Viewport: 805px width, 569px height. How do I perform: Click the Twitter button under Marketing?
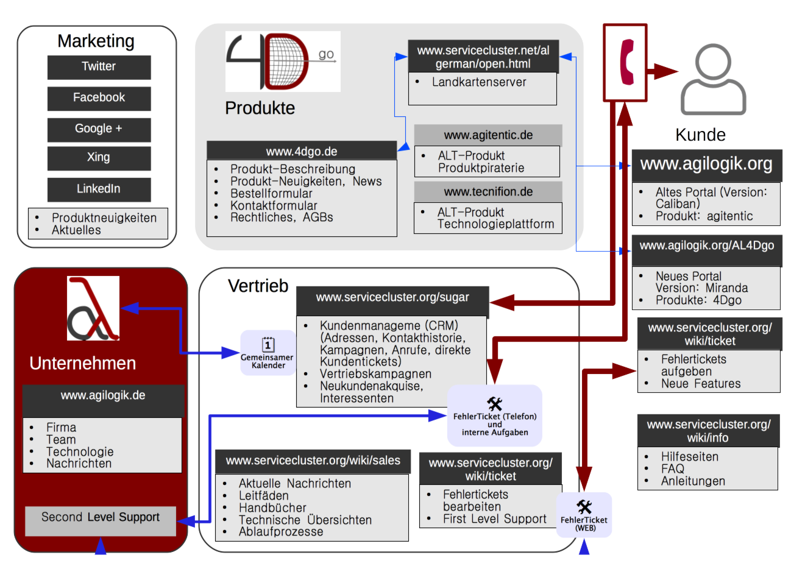point(99,67)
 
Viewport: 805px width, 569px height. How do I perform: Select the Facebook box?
point(99,98)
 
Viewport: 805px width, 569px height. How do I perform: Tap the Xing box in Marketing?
point(99,158)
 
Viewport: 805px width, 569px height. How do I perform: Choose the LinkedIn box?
point(99,189)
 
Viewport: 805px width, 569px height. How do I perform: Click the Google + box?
point(99,129)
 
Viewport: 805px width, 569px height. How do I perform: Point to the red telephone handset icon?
point(626,62)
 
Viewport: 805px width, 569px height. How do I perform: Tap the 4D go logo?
point(282,62)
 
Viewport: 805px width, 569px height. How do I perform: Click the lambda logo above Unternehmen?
point(93,308)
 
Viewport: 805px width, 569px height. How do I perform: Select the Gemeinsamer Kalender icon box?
point(268,353)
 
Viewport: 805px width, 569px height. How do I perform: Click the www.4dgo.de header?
point(302,151)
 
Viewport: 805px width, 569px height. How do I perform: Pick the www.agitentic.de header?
point(488,135)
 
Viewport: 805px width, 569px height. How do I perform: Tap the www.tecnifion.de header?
point(488,192)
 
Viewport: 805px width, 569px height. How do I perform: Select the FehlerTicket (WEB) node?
point(584,515)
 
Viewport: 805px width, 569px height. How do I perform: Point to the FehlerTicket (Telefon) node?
point(494,415)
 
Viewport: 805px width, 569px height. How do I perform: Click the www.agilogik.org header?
point(706,164)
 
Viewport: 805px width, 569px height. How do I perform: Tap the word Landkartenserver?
point(479,82)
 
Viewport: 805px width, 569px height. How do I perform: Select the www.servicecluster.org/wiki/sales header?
point(313,461)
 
